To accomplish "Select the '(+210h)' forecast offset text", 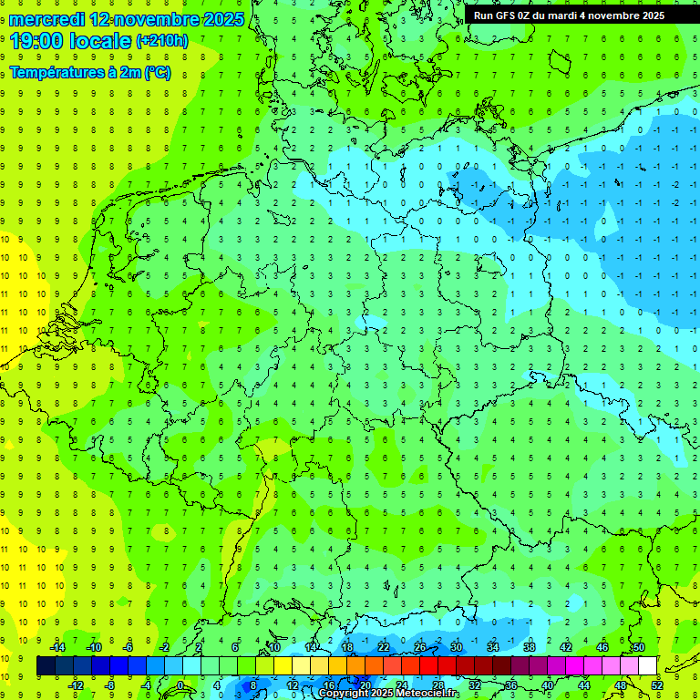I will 162,41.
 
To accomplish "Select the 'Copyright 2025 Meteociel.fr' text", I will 388,694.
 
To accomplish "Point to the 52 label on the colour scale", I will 657,685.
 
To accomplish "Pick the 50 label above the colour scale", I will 638,647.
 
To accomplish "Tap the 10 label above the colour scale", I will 273,647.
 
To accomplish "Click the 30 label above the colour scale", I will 456,647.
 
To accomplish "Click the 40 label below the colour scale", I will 548,685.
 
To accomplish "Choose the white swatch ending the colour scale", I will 647,666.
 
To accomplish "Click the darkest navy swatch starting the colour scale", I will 46,666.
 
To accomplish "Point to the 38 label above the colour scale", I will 529,647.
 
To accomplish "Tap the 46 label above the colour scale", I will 602,647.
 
